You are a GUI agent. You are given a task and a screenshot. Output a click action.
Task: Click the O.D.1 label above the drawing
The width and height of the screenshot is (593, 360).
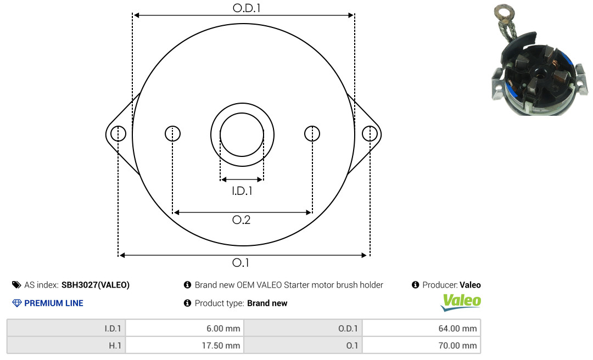pyautogui.click(x=247, y=8)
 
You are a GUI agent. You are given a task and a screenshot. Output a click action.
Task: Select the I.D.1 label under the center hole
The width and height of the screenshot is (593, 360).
pyautogui.click(x=242, y=191)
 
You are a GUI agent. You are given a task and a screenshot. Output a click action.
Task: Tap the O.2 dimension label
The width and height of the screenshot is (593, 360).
pyautogui.click(x=241, y=220)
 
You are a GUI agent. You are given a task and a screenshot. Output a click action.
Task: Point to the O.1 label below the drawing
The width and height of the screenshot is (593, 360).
pyautogui.click(x=240, y=262)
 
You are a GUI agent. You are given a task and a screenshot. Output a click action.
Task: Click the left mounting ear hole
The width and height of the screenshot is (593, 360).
pyautogui.click(x=119, y=134)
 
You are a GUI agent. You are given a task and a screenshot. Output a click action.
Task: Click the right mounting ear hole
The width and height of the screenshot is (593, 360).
pyautogui.click(x=370, y=134)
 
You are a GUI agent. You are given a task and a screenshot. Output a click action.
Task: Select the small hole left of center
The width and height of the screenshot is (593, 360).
pyautogui.click(x=173, y=134)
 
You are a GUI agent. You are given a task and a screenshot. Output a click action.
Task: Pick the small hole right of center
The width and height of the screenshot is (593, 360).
pyautogui.click(x=312, y=134)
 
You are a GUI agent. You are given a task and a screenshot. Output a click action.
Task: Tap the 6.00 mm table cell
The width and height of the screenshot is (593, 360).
pyautogui.click(x=184, y=328)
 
